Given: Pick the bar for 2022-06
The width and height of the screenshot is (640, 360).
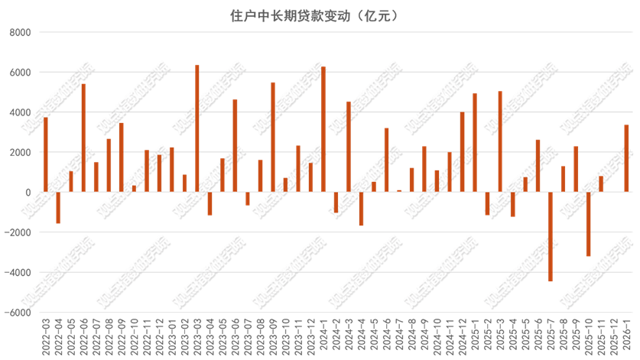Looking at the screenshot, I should [x=83, y=138].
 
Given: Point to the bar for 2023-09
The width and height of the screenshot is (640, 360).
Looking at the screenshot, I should [x=273, y=137].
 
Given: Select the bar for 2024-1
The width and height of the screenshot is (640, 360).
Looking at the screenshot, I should [x=323, y=129].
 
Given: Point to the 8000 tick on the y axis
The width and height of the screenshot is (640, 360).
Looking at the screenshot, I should [x=21, y=33].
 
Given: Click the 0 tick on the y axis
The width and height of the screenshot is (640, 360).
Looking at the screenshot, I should [x=28, y=193].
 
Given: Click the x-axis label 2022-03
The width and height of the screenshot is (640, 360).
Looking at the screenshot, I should [x=46, y=334].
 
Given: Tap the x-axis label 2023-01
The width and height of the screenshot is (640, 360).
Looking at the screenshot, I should [x=172, y=334].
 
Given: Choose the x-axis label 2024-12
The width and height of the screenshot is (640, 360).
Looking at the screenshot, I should [x=462, y=334].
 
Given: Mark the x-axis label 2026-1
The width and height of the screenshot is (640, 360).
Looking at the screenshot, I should [x=626, y=336].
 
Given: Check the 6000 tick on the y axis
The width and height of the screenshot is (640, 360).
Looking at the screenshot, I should [x=21, y=73].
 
